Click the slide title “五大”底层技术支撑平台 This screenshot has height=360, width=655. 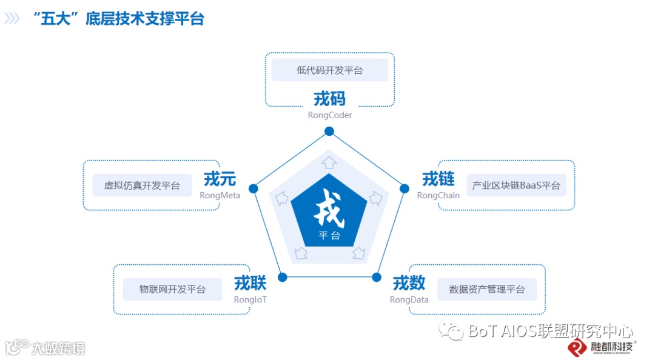click(120, 19)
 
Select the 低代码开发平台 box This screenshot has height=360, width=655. click(329, 70)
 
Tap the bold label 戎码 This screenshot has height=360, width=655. click(329, 98)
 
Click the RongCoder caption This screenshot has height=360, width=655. click(329, 115)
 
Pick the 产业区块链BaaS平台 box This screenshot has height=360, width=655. click(516, 185)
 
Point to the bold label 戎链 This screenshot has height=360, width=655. click(438, 179)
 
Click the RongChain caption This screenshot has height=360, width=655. click(438, 195)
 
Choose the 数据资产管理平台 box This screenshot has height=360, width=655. click(487, 290)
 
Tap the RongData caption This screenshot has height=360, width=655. click(409, 299)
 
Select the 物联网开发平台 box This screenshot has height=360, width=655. click(172, 290)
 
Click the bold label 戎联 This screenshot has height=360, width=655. click(250, 283)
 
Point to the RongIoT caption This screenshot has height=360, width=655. click(250, 299)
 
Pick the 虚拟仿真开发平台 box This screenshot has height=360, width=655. click(142, 185)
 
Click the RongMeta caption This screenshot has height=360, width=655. click(220, 195)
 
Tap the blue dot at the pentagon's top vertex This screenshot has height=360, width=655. click(329, 131)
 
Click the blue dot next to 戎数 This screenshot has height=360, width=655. click(376, 277)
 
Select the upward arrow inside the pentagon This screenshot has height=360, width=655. click(329, 162)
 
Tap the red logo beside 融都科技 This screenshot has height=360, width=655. click(576, 347)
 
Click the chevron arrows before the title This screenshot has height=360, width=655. click(12, 19)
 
